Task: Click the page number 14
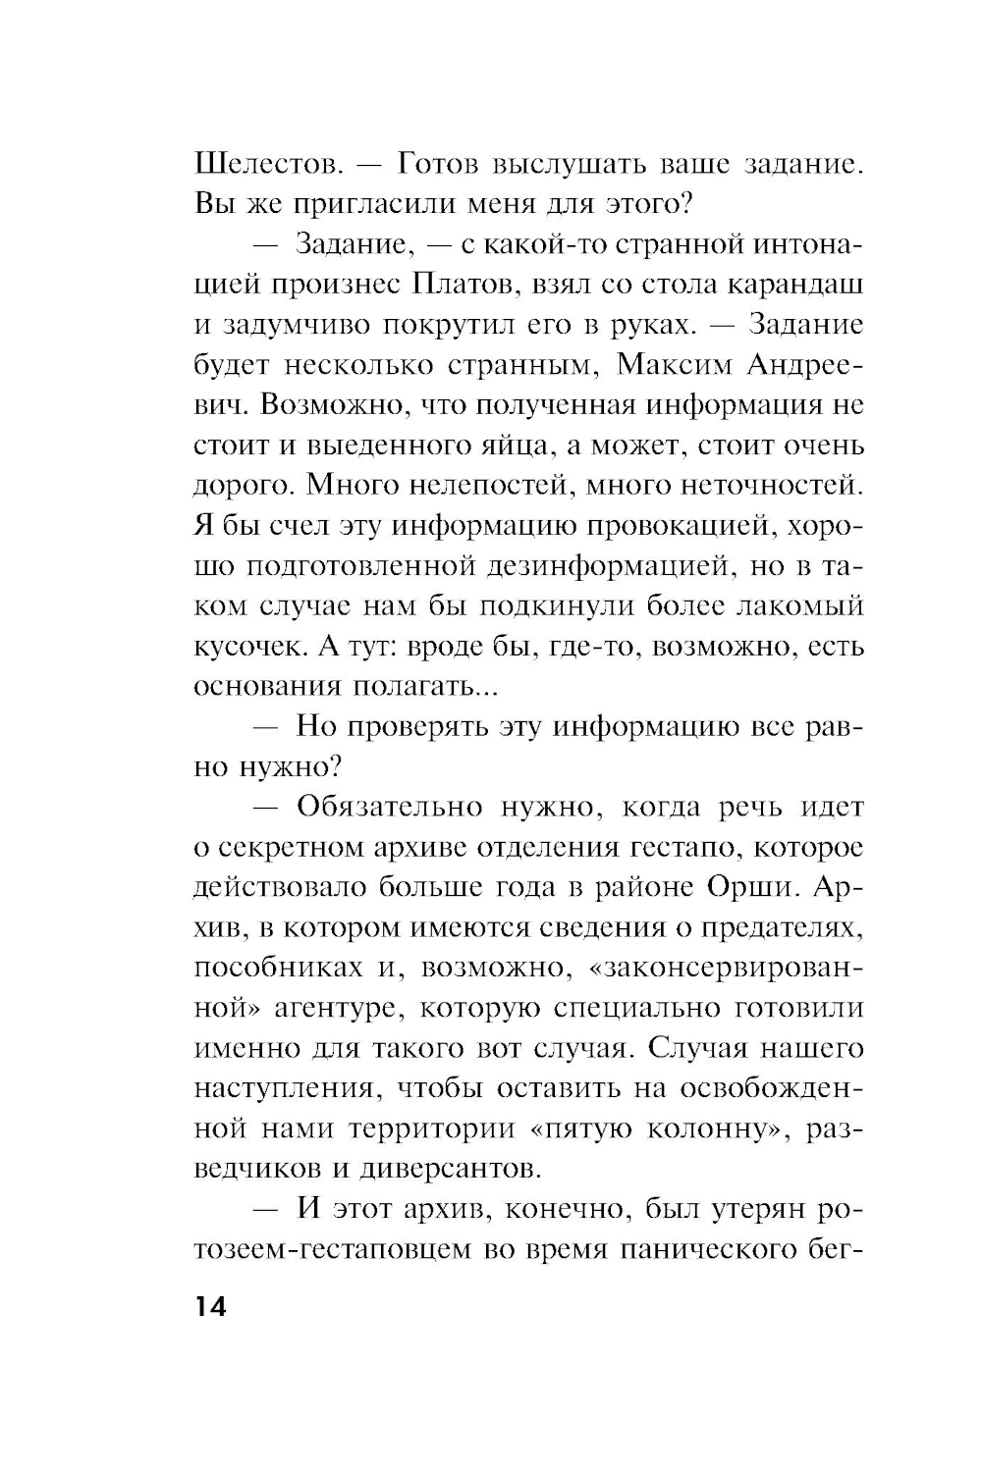click(210, 1307)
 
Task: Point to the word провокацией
click(689, 525)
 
